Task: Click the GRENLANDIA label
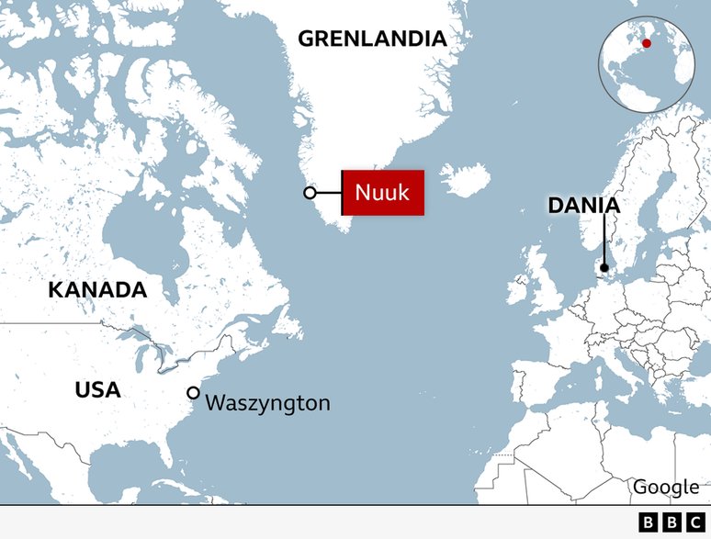[x=372, y=39]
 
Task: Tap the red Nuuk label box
[x=382, y=193]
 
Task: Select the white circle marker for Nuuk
[x=310, y=193]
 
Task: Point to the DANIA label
[x=583, y=205]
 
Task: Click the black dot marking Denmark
[x=604, y=268]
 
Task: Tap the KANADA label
[x=97, y=290]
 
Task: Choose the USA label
[x=97, y=389]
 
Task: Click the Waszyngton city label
[x=267, y=402]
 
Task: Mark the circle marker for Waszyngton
[x=193, y=393]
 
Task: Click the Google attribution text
[x=666, y=487]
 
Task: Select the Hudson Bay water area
[x=138, y=230]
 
